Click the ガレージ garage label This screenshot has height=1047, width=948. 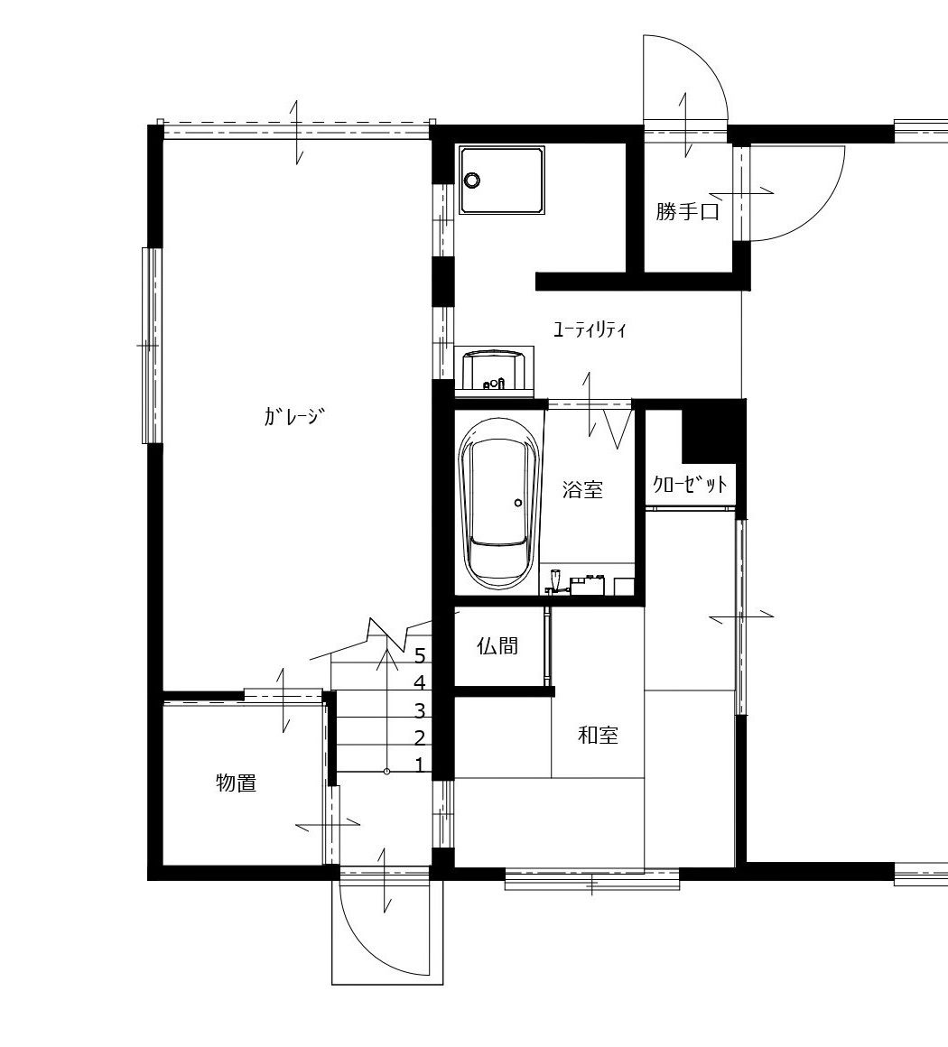(294, 417)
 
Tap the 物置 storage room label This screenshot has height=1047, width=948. (237, 783)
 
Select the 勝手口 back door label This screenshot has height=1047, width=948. (687, 212)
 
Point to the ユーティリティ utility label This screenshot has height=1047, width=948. (590, 329)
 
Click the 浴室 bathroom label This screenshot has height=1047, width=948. (582, 489)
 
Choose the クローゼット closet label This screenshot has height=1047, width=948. (690, 483)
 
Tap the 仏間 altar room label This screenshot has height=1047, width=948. (497, 645)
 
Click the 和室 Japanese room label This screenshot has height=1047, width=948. (598, 736)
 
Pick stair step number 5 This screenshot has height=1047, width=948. (420, 655)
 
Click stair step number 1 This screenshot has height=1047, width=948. (420, 764)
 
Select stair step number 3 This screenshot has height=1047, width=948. (420, 709)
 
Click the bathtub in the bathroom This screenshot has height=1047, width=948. (499, 505)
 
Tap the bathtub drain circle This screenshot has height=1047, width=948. (517, 502)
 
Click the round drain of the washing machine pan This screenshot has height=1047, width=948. (472, 180)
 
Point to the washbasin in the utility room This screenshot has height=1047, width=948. (494, 368)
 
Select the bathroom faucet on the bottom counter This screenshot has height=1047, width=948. (553, 580)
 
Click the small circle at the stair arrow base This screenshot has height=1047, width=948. (386, 771)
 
